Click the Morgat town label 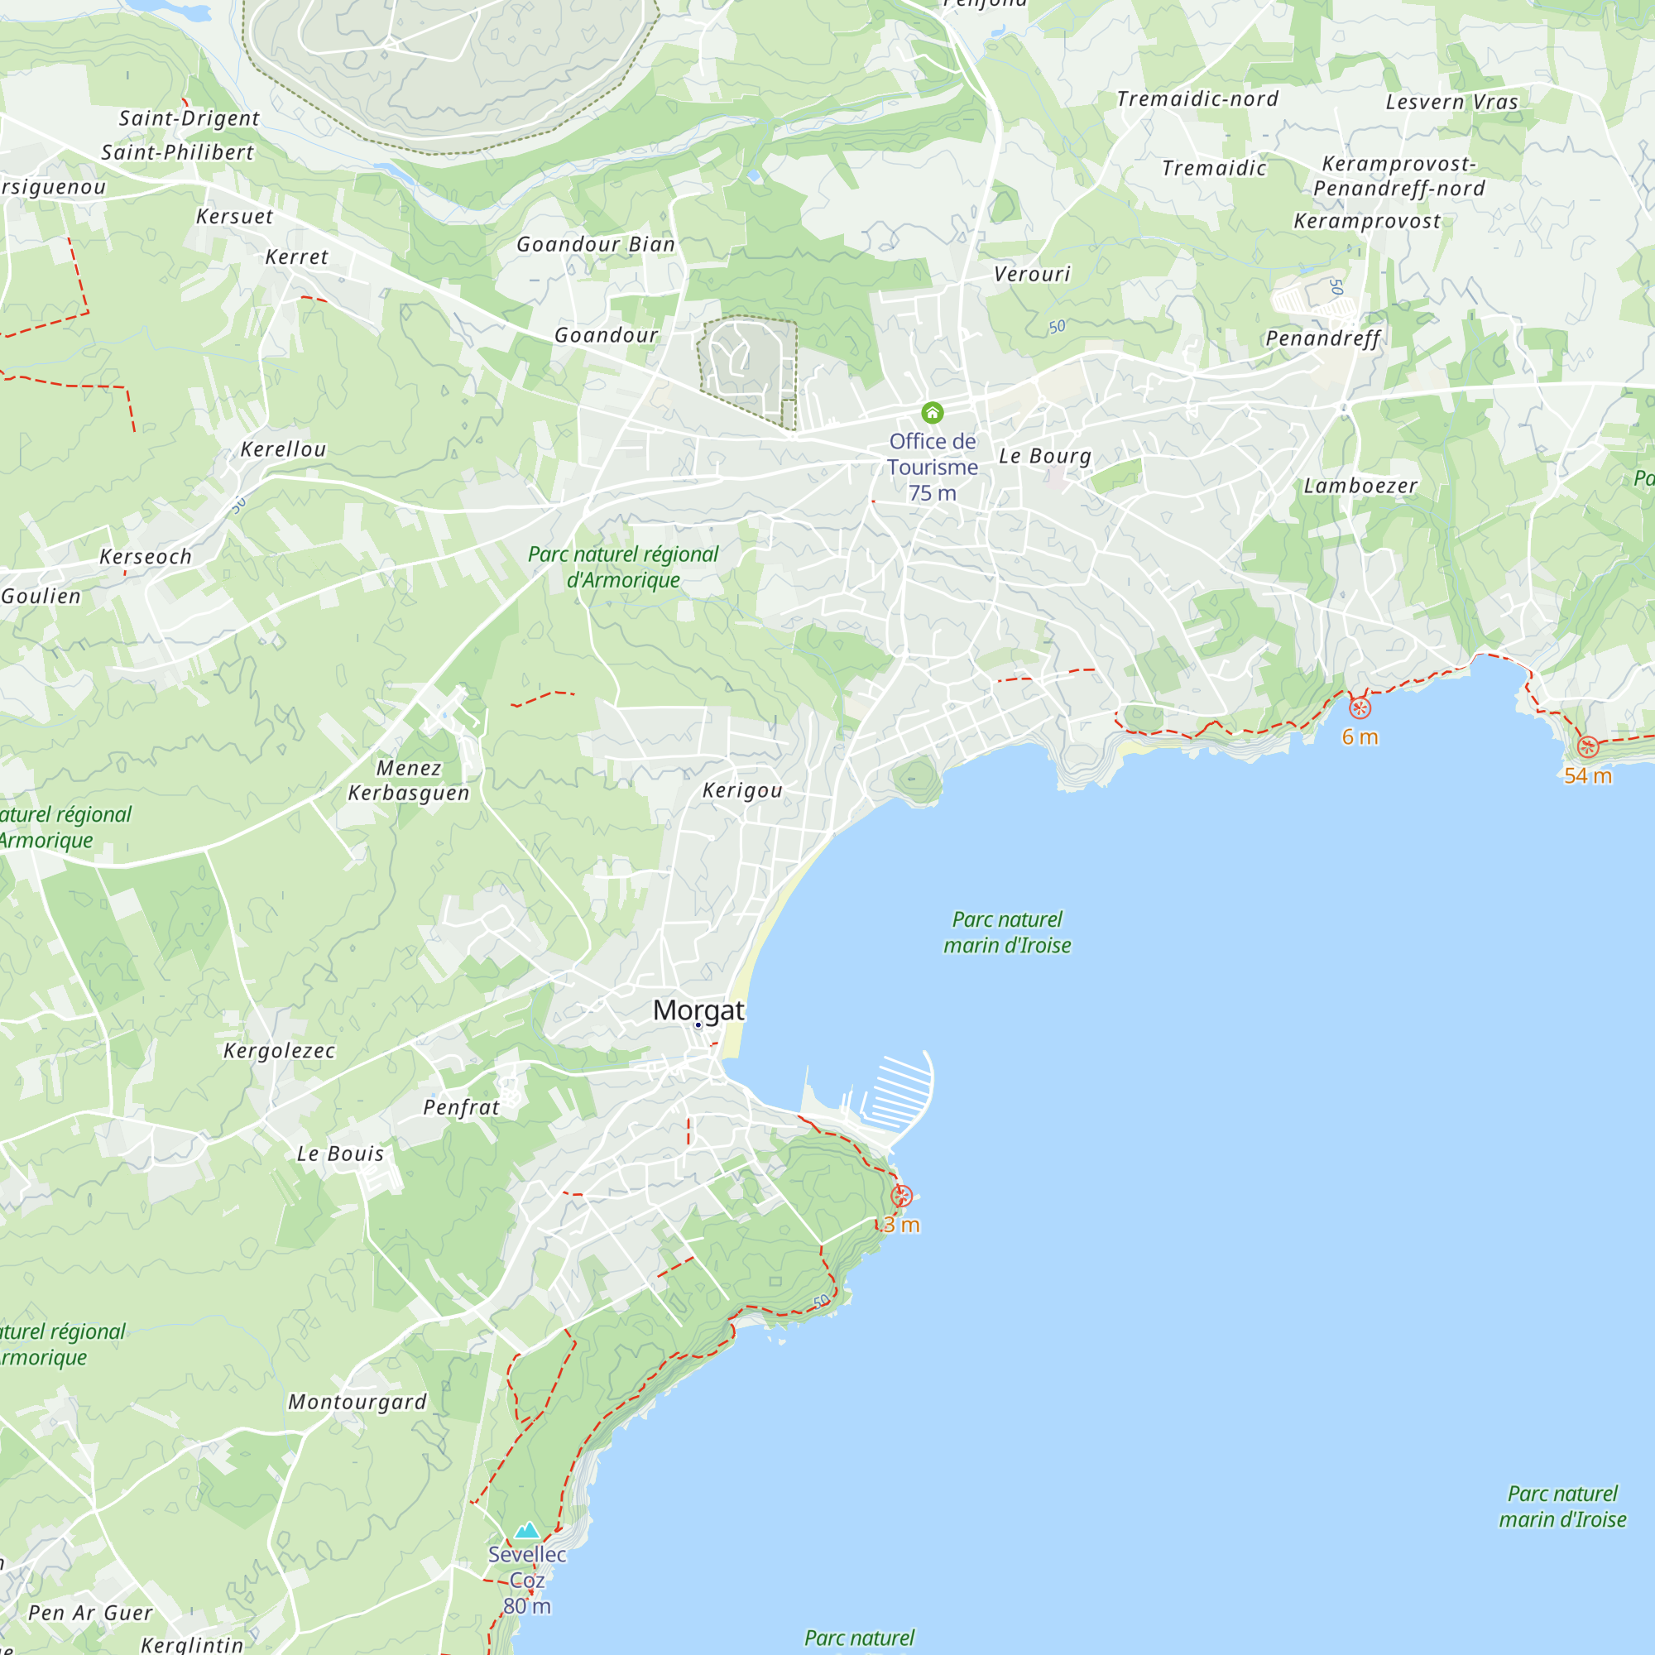[x=698, y=1010]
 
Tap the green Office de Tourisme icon [x=932, y=414]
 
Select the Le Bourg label [x=1044, y=456]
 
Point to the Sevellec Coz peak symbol [x=527, y=1531]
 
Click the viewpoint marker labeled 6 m [x=1360, y=708]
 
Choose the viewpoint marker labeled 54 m [x=1587, y=747]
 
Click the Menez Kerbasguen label [x=409, y=780]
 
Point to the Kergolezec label [x=279, y=1051]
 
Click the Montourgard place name [x=357, y=1403]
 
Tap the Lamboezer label [x=1360, y=486]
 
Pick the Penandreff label [x=1322, y=338]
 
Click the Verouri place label [x=1032, y=274]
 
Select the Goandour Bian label [x=595, y=245]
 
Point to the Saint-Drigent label [x=189, y=118]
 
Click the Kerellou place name [x=284, y=449]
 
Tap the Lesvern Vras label [x=1452, y=102]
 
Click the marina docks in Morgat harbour [x=899, y=1093]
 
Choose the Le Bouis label [x=340, y=1154]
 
